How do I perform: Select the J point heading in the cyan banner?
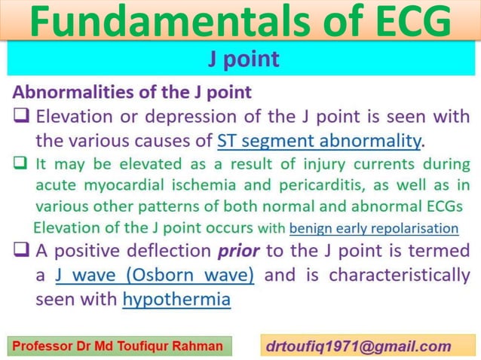click(244, 59)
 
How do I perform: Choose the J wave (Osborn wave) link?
click(155, 275)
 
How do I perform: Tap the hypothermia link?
click(176, 299)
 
